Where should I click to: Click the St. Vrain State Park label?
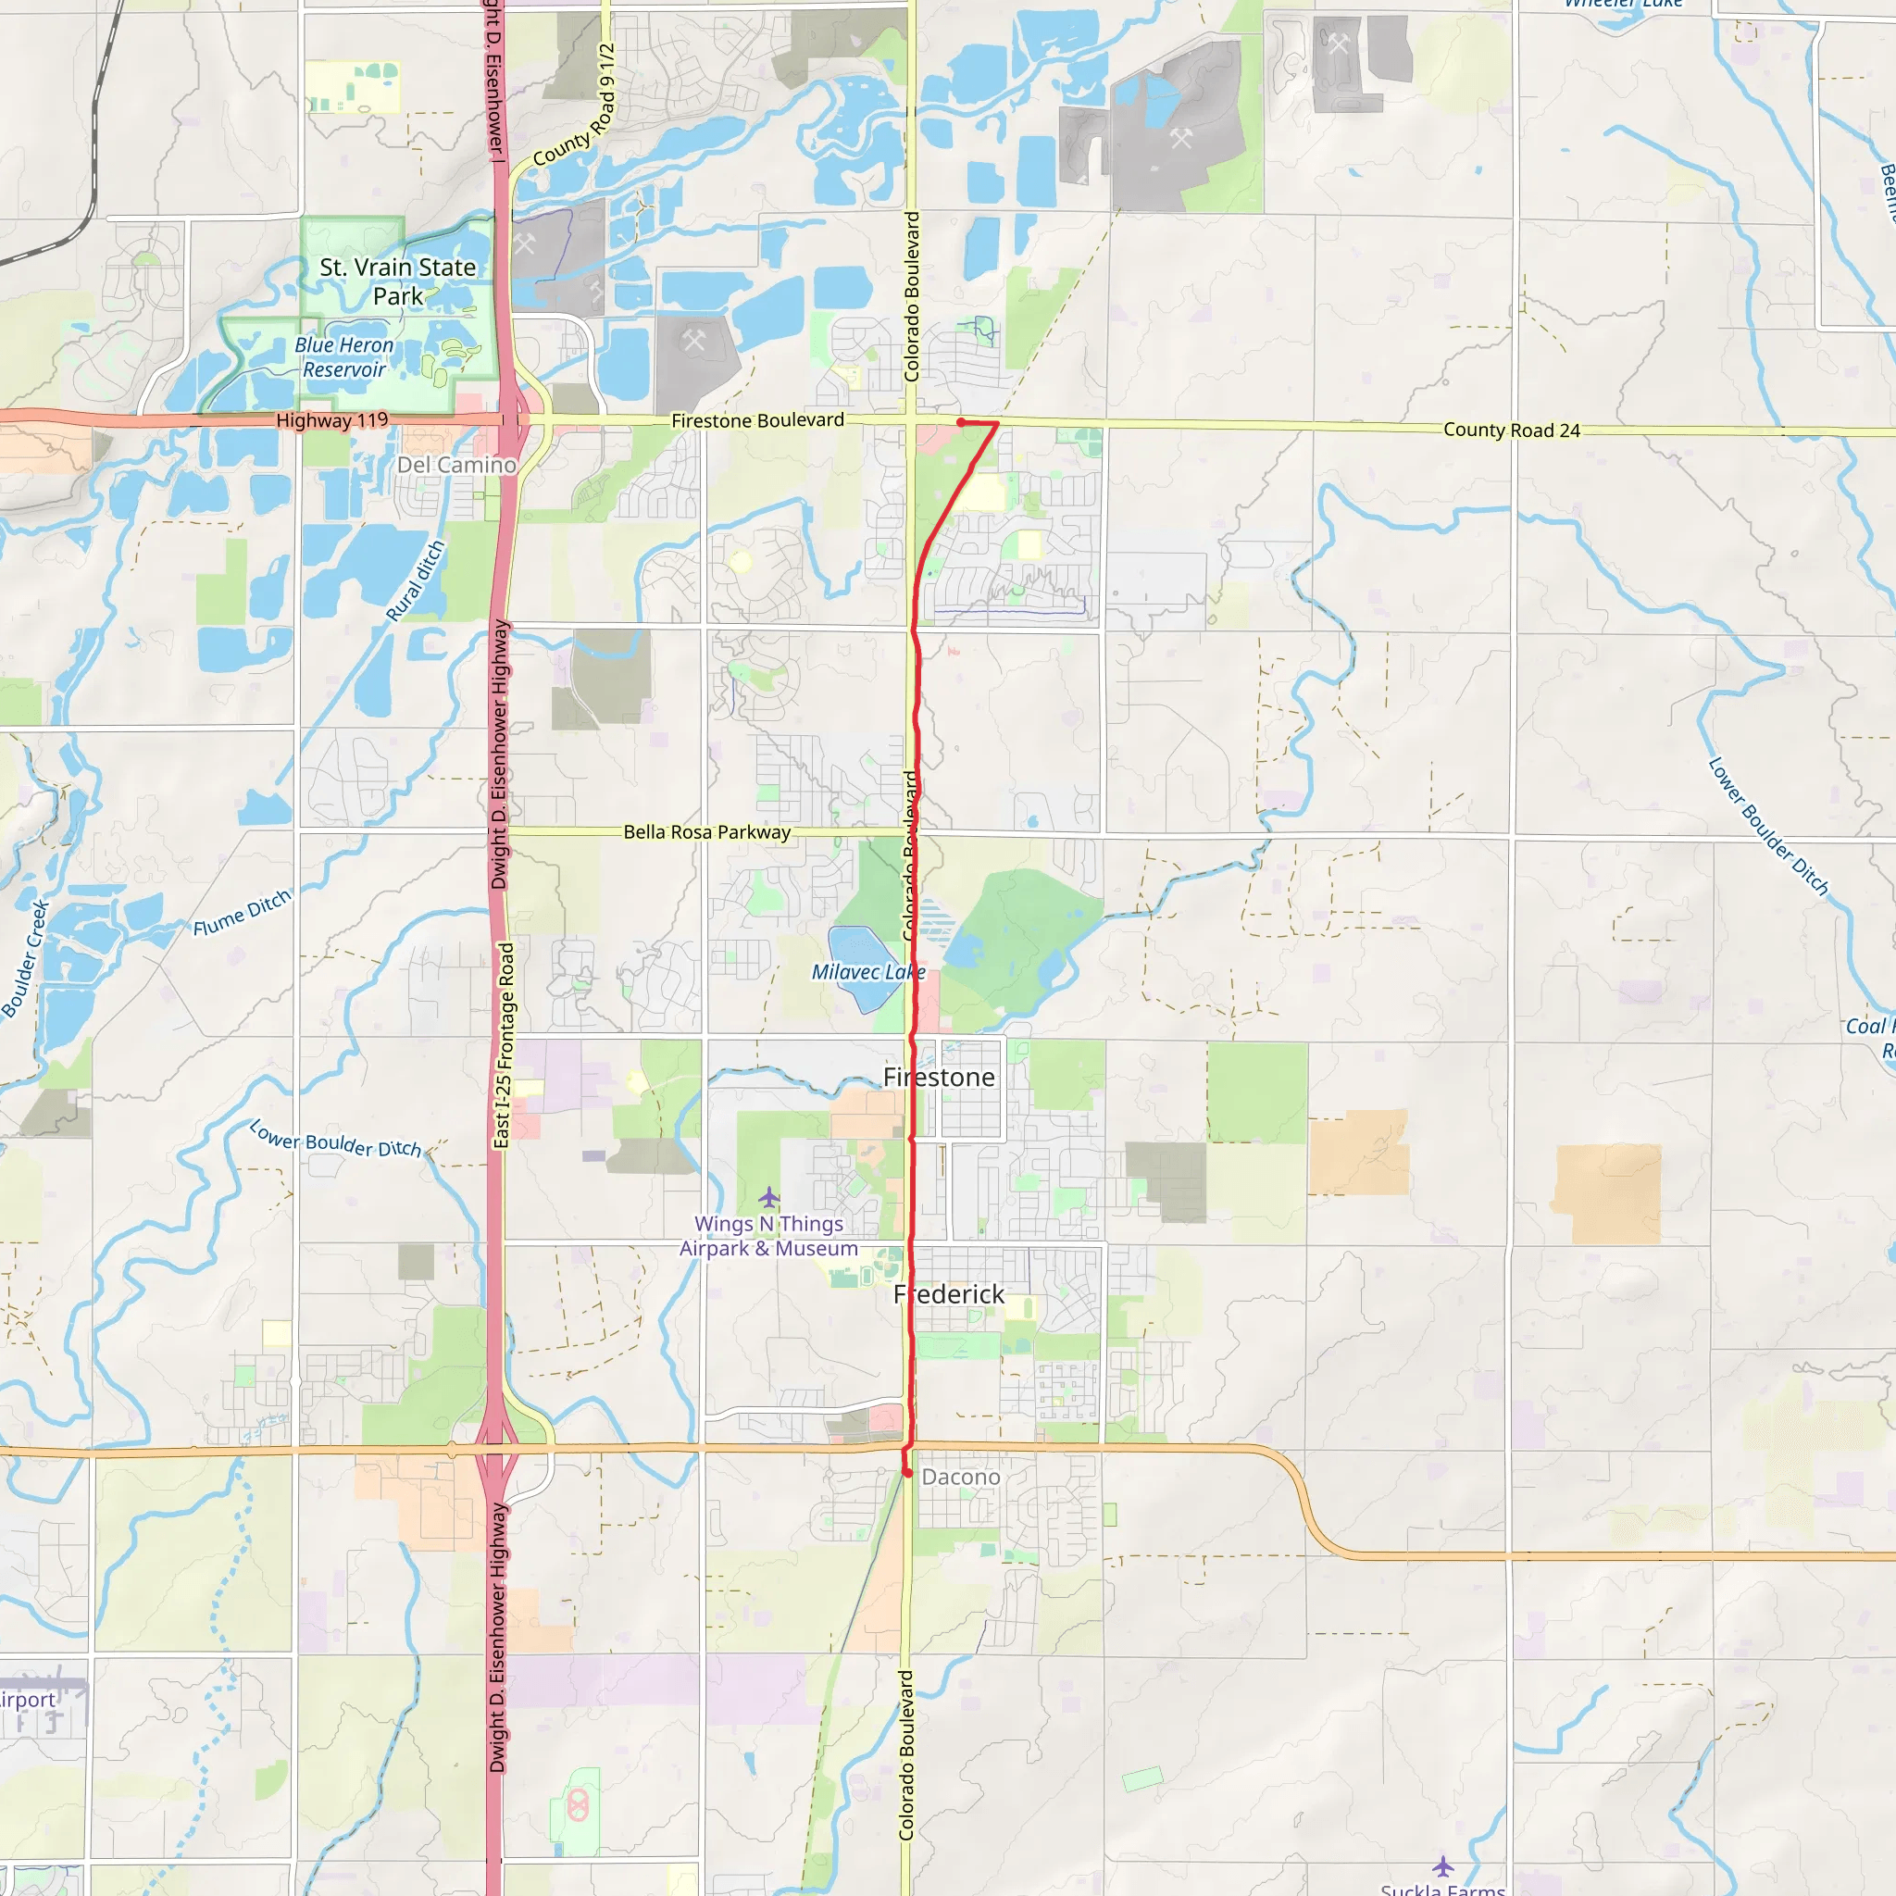(x=397, y=281)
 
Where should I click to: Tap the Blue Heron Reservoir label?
(x=343, y=357)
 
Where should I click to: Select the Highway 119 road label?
(x=331, y=420)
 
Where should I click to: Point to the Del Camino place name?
(x=456, y=465)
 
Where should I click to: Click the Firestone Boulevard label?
(x=756, y=421)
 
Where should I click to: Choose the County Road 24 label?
(x=1511, y=430)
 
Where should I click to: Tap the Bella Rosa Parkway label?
(x=706, y=832)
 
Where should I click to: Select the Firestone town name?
(x=938, y=1078)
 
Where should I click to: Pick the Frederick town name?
(x=948, y=1294)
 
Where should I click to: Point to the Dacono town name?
(x=961, y=1477)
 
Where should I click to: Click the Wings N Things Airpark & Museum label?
(x=768, y=1237)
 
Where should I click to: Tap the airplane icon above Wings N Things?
(x=769, y=1197)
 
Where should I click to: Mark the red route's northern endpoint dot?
(x=961, y=422)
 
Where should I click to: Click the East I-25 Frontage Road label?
(x=505, y=1045)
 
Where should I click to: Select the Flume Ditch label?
(x=242, y=913)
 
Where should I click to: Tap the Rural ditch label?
(x=415, y=581)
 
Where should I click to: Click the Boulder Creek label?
(x=26, y=959)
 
